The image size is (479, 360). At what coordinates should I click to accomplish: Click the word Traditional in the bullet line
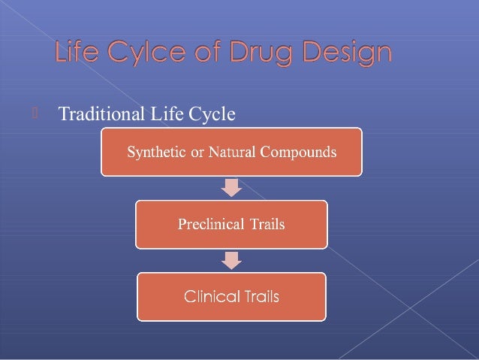click(x=101, y=114)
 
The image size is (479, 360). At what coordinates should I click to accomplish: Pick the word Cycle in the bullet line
click(x=213, y=114)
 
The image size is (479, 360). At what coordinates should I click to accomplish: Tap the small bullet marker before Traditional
click(x=35, y=113)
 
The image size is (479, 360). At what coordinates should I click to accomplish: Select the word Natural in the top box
click(x=230, y=152)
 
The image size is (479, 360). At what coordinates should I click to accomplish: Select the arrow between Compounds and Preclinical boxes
click(x=232, y=186)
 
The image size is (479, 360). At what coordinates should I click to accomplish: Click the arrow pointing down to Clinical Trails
click(x=232, y=259)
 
